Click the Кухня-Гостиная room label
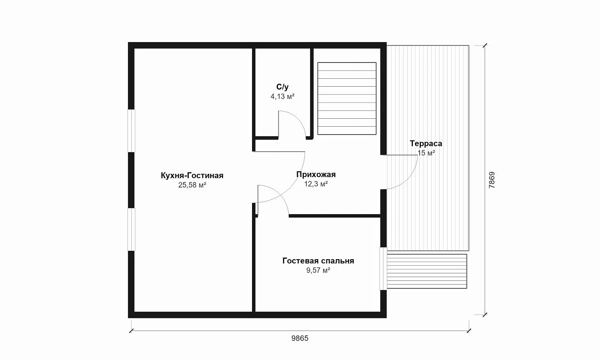click(x=192, y=175)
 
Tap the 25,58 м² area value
click(x=192, y=185)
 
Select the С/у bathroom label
click(x=282, y=87)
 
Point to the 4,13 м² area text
click(x=282, y=96)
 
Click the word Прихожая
click(x=316, y=174)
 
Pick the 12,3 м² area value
click(x=316, y=184)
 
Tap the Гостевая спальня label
click(x=318, y=261)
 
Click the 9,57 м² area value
click(x=318, y=270)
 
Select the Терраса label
click(x=426, y=143)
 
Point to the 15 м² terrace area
click(x=426, y=152)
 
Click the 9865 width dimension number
click(x=300, y=338)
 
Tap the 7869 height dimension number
click(x=492, y=180)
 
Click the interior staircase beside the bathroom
click(x=347, y=98)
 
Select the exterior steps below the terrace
click(x=427, y=271)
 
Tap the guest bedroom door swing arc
click(x=279, y=193)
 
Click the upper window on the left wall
click(x=131, y=131)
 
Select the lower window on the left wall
click(x=131, y=230)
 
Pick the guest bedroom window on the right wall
click(x=383, y=269)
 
